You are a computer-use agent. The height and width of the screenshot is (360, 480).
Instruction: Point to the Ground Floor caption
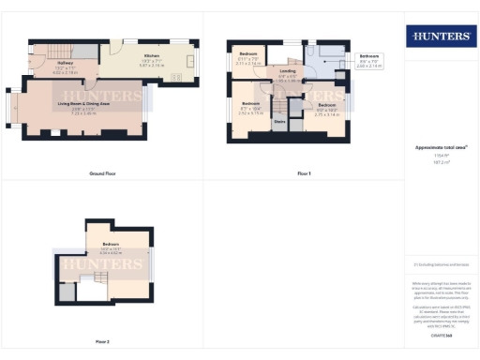pos(102,173)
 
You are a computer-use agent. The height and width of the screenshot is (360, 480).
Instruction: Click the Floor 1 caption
pos(303,173)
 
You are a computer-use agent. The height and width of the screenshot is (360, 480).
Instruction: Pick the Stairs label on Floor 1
pos(279,120)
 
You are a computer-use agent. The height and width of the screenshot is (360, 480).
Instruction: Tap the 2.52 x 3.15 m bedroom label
pos(251,107)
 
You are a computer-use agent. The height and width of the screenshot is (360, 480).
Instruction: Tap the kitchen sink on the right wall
pos(195,64)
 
